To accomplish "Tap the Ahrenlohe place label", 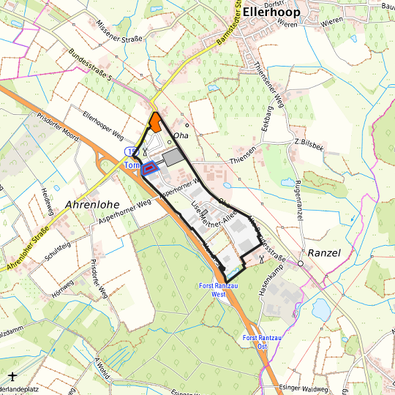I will tap(92, 204).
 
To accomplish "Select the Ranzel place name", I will tap(326, 252).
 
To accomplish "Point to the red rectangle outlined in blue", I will tap(150, 168).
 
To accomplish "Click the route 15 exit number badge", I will tap(130, 151).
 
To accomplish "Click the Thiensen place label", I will tap(244, 150).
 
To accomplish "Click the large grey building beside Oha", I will tap(173, 158).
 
